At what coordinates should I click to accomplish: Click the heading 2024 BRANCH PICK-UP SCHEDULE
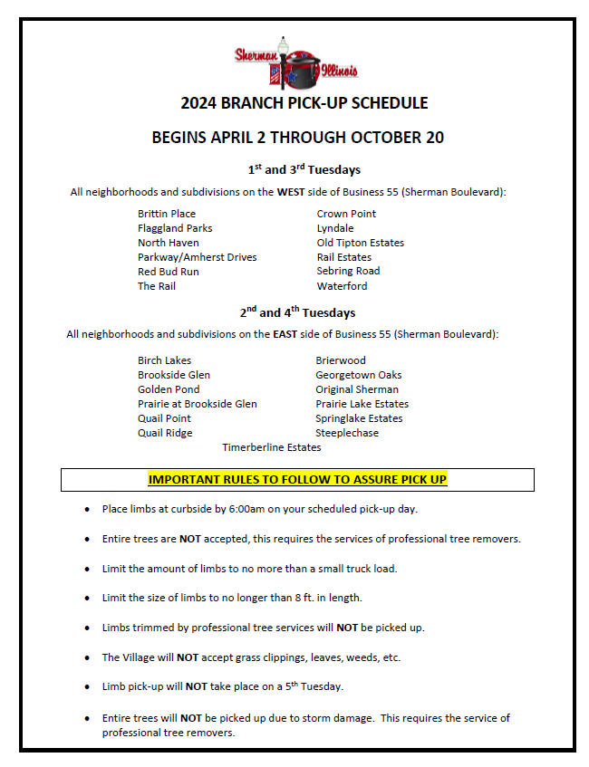tap(304, 103)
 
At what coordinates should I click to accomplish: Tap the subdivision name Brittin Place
tap(166, 214)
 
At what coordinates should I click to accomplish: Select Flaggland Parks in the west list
tap(175, 228)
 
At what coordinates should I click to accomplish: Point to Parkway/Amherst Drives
tap(197, 257)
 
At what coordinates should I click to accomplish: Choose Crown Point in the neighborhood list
tap(346, 214)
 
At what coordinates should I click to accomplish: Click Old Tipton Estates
tap(360, 243)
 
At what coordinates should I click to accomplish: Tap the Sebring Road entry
tap(348, 271)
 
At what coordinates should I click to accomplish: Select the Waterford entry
tap(342, 286)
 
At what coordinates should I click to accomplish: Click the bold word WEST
tap(292, 192)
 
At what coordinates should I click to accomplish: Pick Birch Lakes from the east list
tap(164, 360)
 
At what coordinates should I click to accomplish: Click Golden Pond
tap(169, 389)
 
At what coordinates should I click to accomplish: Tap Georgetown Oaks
tap(358, 375)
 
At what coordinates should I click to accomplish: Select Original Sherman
tap(357, 389)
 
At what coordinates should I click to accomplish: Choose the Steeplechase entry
tap(347, 433)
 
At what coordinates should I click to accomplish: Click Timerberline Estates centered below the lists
tap(271, 447)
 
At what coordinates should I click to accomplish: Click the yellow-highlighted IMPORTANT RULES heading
tap(297, 479)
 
